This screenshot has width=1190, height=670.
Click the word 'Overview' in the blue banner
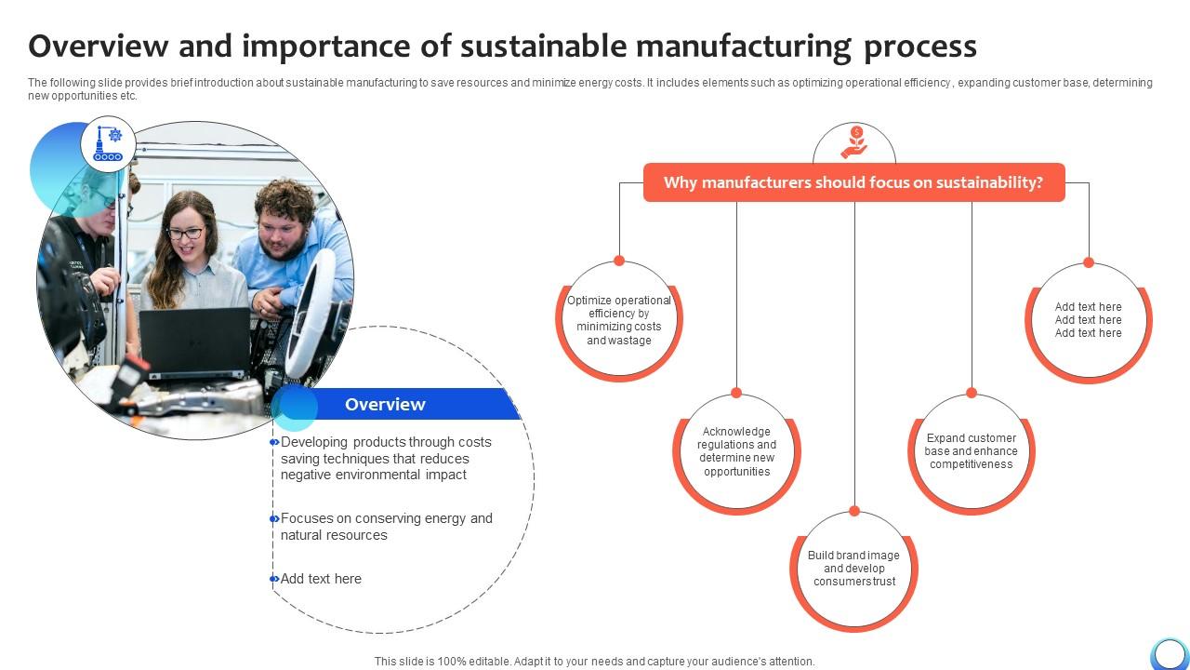pyautogui.click(x=385, y=405)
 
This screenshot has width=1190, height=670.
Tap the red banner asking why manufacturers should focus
pyautogui.click(x=853, y=183)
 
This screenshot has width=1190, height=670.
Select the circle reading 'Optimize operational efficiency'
pyautogui.click(x=619, y=320)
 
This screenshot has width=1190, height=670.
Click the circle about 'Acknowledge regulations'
pyautogui.click(x=736, y=452)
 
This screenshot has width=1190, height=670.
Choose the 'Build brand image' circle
pyautogui.click(x=853, y=569)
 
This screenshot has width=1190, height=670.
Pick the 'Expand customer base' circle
pyautogui.click(x=971, y=451)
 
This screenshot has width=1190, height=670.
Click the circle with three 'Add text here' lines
pyautogui.click(x=1088, y=320)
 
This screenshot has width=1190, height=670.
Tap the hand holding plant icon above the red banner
pyautogui.click(x=853, y=143)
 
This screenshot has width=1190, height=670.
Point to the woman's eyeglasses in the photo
pyautogui.click(x=185, y=234)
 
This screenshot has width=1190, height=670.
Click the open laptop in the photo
pyautogui.click(x=194, y=343)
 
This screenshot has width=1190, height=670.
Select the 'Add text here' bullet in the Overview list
pyautogui.click(x=321, y=579)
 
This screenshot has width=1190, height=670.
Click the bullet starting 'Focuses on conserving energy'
pyautogui.click(x=386, y=527)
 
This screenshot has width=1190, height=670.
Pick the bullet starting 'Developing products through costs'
pyautogui.click(x=386, y=459)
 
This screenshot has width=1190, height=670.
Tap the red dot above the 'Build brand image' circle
pyautogui.click(x=854, y=511)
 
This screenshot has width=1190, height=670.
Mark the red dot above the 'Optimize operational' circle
pyautogui.click(x=619, y=261)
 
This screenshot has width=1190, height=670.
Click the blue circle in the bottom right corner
pyautogui.click(x=1169, y=653)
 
